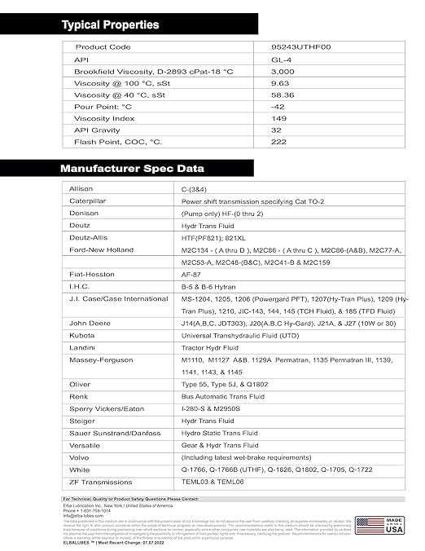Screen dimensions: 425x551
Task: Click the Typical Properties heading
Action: tap(111, 25)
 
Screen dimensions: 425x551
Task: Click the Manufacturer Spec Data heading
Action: tap(133, 169)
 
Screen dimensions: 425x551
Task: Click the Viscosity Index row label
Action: tap(104, 118)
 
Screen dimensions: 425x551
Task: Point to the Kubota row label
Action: tap(82, 335)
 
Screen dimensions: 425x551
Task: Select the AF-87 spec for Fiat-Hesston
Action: tap(191, 275)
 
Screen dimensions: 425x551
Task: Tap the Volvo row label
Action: tap(81, 457)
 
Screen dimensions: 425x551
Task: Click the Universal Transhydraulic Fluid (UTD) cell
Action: tap(232, 335)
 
